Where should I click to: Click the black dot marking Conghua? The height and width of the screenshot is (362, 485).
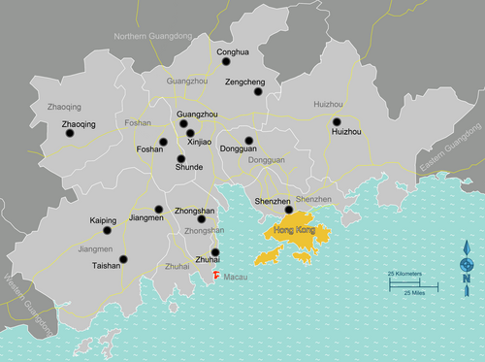pyautogui.click(x=226, y=61)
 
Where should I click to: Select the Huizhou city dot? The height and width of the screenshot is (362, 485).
pyautogui.click(x=337, y=122)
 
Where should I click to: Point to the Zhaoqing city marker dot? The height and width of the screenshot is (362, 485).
pyautogui.click(x=70, y=135)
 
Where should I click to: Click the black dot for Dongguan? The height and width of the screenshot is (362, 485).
pyautogui.click(x=248, y=140)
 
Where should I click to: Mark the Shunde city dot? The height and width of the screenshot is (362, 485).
pyautogui.click(x=180, y=157)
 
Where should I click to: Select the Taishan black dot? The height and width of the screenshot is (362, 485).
pyautogui.click(x=124, y=259)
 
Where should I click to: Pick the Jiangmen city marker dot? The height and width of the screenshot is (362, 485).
pyautogui.click(x=159, y=209)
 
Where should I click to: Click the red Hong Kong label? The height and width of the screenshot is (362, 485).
pyautogui.click(x=295, y=230)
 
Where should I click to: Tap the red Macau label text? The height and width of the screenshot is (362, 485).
pyautogui.click(x=236, y=278)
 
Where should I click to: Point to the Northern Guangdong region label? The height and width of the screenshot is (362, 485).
pyautogui.click(x=153, y=36)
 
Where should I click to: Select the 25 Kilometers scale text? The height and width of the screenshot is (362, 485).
pyautogui.click(x=411, y=274)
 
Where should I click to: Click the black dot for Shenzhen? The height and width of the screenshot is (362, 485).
pyautogui.click(x=288, y=210)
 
